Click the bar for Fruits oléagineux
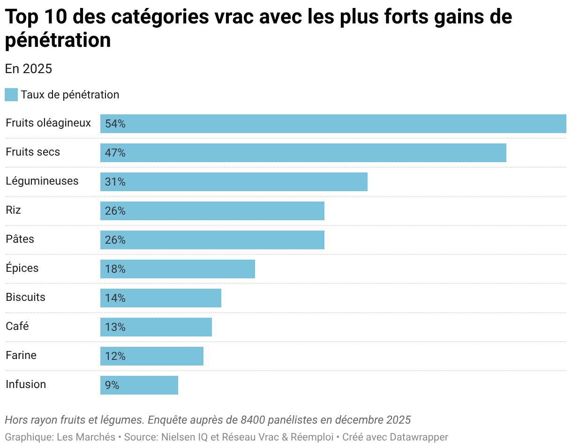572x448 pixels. click(x=333, y=124)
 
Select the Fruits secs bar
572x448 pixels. click(x=303, y=153)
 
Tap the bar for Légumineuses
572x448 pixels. click(x=233, y=182)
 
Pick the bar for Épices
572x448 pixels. click(x=177, y=269)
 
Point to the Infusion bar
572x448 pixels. click(x=139, y=385)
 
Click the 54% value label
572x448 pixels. click(x=115, y=124)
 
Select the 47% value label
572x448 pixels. click(x=115, y=153)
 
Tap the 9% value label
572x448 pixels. click(x=112, y=386)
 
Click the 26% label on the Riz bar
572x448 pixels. click(x=115, y=211)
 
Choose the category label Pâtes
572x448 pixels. click(x=20, y=239)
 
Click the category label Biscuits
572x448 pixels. click(x=25, y=297)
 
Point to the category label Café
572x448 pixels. click(x=17, y=326)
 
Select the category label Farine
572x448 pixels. click(x=21, y=355)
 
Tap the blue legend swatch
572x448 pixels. click(x=11, y=95)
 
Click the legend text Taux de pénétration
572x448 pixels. click(x=70, y=95)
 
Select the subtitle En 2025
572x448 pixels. click(x=28, y=69)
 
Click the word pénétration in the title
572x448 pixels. click(x=58, y=40)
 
